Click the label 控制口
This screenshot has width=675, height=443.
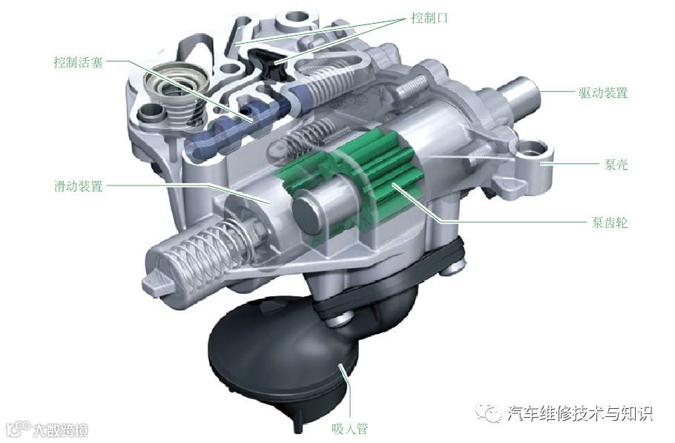[x=429, y=18]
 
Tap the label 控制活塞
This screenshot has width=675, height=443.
[x=79, y=62]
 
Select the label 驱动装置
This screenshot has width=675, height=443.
[x=603, y=93]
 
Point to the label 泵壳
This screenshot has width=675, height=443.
[x=616, y=164]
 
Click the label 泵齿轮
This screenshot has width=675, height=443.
[x=609, y=222]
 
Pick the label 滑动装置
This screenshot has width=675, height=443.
[x=79, y=186]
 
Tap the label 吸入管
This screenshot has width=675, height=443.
[x=349, y=429]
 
